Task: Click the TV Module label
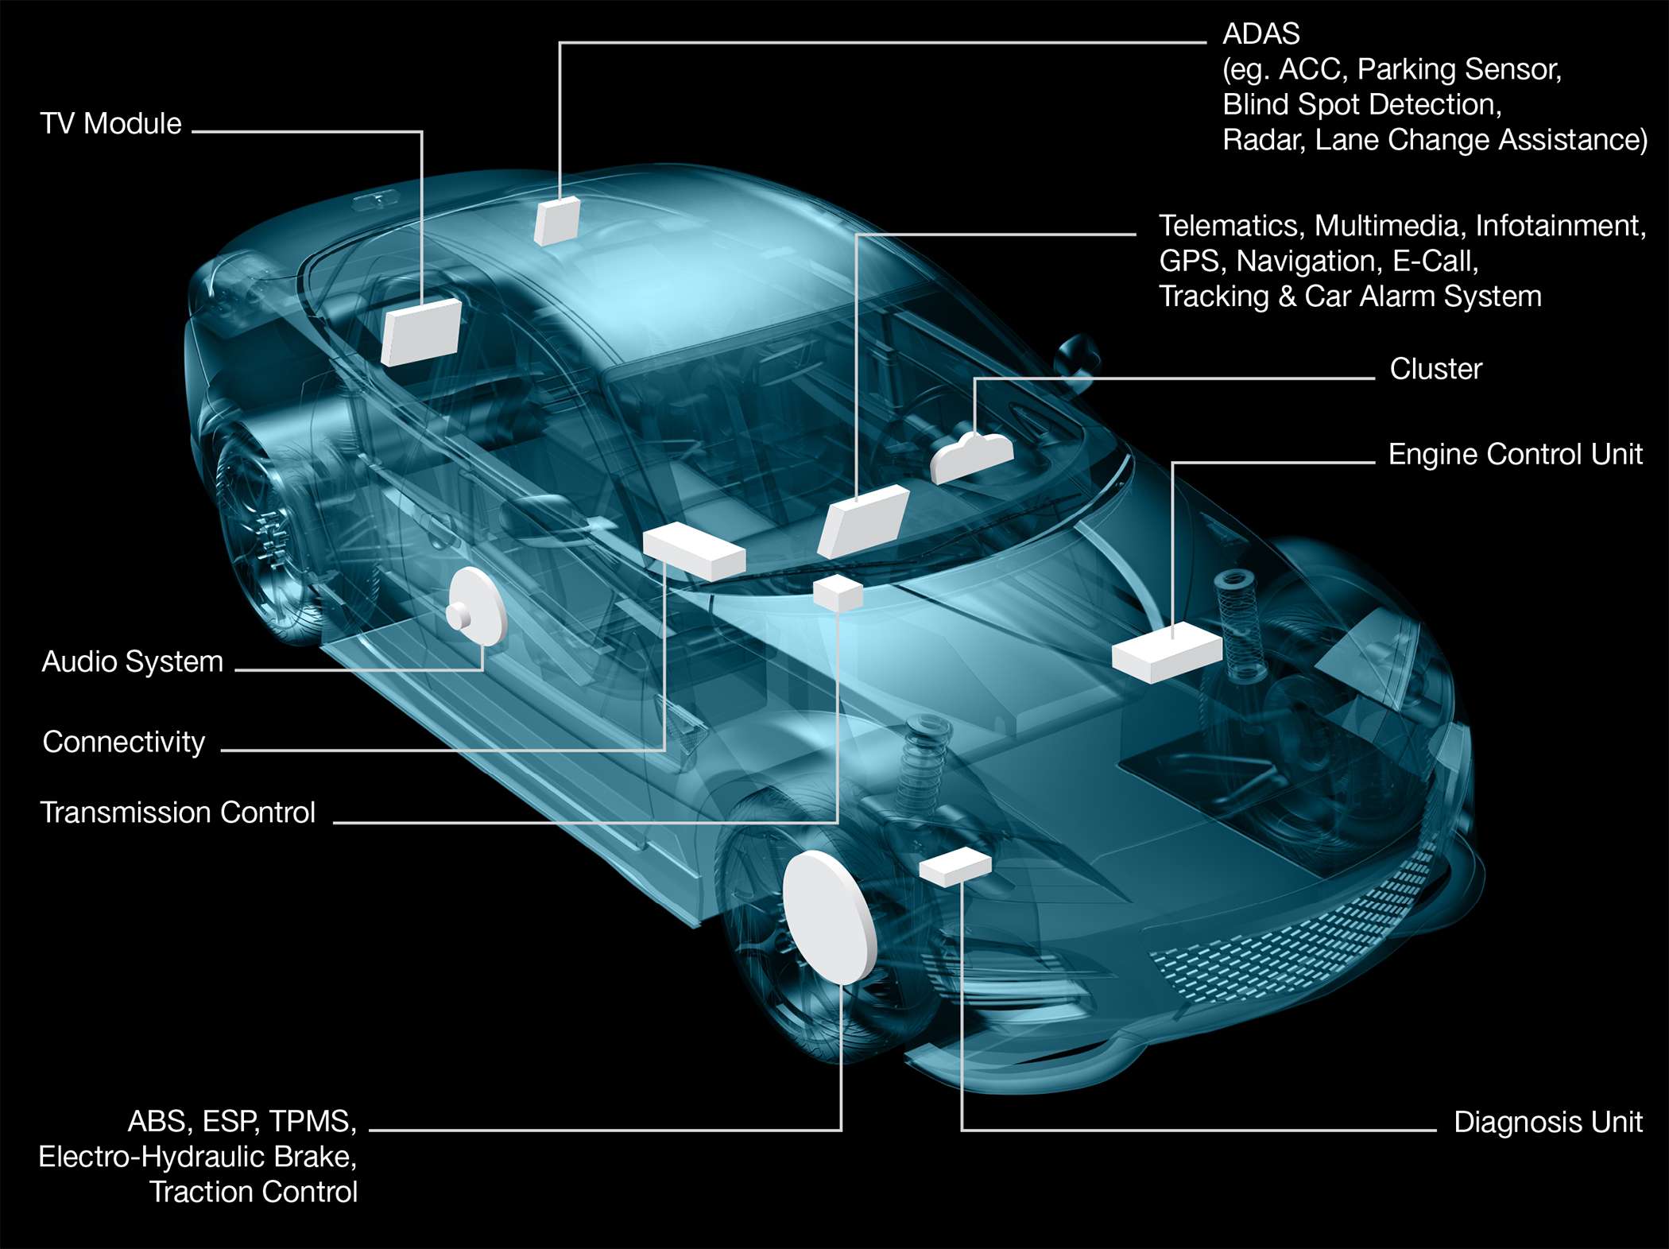(110, 124)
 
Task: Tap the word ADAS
(1261, 34)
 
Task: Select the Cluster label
(1436, 369)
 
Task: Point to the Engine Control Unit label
(1515, 454)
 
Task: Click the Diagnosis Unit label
(1547, 1122)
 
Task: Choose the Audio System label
(133, 661)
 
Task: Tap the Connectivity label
(124, 742)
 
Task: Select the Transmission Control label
(178, 813)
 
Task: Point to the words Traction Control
(254, 1192)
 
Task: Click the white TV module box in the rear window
(421, 332)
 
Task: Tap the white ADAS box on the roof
(556, 221)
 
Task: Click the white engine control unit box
(1167, 652)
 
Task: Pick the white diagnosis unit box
(955, 867)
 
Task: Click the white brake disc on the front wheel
(830, 917)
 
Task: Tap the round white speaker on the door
(477, 607)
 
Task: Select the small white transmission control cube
(838, 594)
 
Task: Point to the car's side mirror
(1077, 358)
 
